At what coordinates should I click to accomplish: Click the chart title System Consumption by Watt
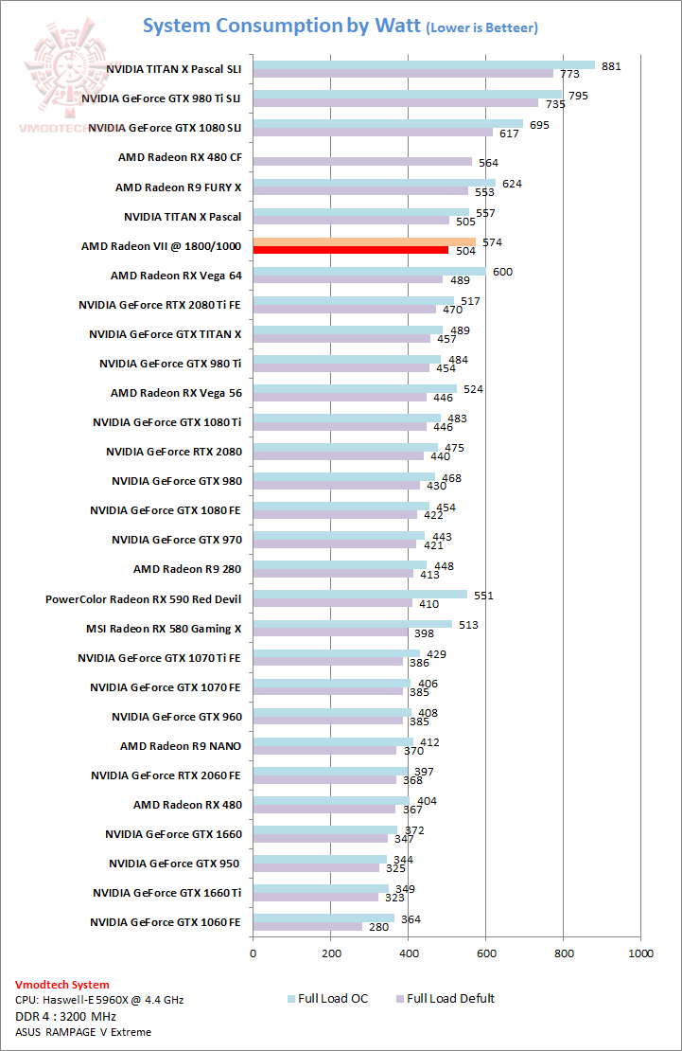tap(281, 26)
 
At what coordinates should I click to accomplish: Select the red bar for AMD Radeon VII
tap(350, 250)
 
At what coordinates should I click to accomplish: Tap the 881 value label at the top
tap(612, 66)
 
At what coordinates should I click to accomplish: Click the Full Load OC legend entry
tap(330, 998)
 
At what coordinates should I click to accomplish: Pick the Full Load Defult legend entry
tap(450, 998)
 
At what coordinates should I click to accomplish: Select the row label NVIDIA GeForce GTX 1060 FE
tap(166, 922)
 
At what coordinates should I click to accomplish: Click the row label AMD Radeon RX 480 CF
tap(180, 157)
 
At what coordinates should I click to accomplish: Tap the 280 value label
tap(380, 927)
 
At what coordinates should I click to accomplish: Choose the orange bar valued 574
tap(364, 241)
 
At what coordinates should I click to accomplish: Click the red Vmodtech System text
tap(62, 985)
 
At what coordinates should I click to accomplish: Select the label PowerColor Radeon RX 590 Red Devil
tap(143, 599)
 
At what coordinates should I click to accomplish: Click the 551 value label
tap(484, 595)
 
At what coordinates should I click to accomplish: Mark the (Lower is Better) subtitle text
tap(482, 28)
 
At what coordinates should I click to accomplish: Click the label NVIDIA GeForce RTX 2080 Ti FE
tap(160, 305)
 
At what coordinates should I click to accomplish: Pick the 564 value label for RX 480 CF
tap(488, 163)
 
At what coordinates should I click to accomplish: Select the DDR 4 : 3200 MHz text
tap(65, 1016)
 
